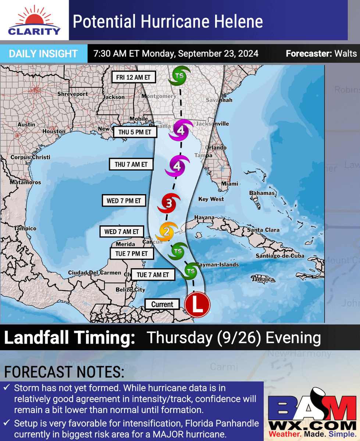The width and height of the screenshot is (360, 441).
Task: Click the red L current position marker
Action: click(197, 305)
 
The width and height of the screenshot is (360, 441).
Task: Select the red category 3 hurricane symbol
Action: click(169, 203)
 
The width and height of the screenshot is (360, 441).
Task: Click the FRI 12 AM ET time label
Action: click(134, 78)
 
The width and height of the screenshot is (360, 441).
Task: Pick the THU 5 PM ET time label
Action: click(135, 132)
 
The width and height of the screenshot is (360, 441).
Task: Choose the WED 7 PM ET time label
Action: click(124, 201)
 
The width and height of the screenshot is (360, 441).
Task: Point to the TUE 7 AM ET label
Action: click(153, 275)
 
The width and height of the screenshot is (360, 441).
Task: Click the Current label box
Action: click(162, 304)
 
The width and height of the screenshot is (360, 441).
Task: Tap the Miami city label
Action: click(229, 184)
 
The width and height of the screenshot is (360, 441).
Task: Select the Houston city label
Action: click(54, 131)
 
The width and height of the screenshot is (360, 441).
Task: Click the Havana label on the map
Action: click(204, 218)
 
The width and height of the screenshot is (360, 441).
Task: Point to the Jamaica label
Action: click(263, 280)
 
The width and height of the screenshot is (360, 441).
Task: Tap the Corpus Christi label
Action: click(30, 157)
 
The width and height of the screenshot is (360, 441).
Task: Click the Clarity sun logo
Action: click(34, 20)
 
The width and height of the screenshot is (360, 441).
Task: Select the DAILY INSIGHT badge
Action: click(43, 54)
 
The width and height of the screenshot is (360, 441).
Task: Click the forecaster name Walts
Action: click(346, 54)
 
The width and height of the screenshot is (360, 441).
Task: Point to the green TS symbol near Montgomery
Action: click(179, 76)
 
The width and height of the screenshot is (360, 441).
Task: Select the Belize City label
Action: click(130, 290)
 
